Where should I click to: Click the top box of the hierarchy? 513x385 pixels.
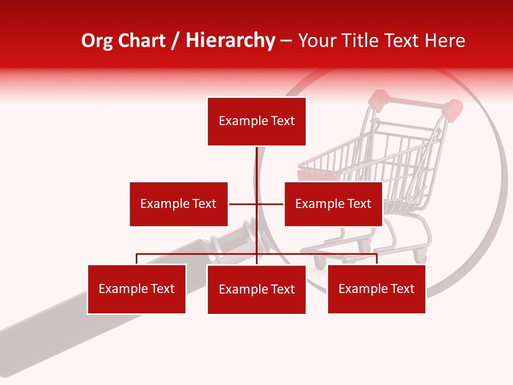(x=256, y=121)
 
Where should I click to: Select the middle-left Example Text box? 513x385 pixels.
(x=178, y=204)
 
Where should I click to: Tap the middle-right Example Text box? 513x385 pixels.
(x=333, y=204)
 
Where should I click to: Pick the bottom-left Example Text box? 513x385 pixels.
(x=137, y=289)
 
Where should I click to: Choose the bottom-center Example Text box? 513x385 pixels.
(x=256, y=289)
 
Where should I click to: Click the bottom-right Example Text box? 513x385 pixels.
(x=376, y=289)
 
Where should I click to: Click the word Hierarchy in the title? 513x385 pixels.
(x=230, y=41)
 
